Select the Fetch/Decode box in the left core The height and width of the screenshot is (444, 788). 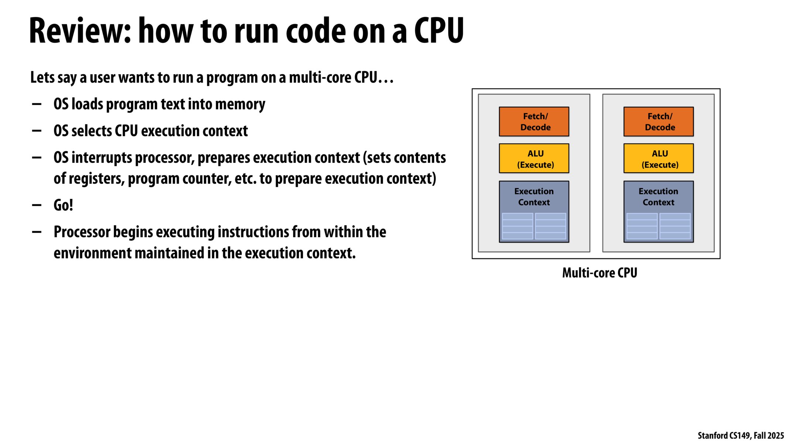[x=534, y=122]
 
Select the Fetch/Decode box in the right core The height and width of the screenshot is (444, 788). [x=658, y=122]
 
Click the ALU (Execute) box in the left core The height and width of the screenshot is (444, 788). [x=534, y=159]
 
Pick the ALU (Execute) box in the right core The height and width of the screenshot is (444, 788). [x=658, y=159]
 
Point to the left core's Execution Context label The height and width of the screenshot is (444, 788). [x=534, y=197]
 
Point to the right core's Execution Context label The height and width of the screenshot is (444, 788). [x=658, y=197]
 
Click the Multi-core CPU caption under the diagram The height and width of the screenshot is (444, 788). [x=600, y=273]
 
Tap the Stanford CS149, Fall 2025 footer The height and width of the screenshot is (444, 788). [x=740, y=435]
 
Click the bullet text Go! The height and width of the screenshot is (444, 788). [x=63, y=205]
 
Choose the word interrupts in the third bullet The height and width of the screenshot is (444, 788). [x=102, y=158]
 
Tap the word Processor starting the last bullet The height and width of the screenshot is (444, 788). [x=82, y=232]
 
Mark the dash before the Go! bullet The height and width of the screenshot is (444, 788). [x=37, y=205]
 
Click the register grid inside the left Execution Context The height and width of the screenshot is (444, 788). [x=534, y=226]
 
